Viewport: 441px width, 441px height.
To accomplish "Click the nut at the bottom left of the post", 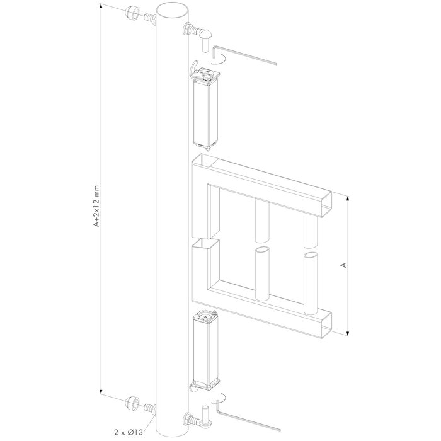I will click(x=133, y=403).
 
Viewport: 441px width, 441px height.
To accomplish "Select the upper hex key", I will click(x=246, y=53).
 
